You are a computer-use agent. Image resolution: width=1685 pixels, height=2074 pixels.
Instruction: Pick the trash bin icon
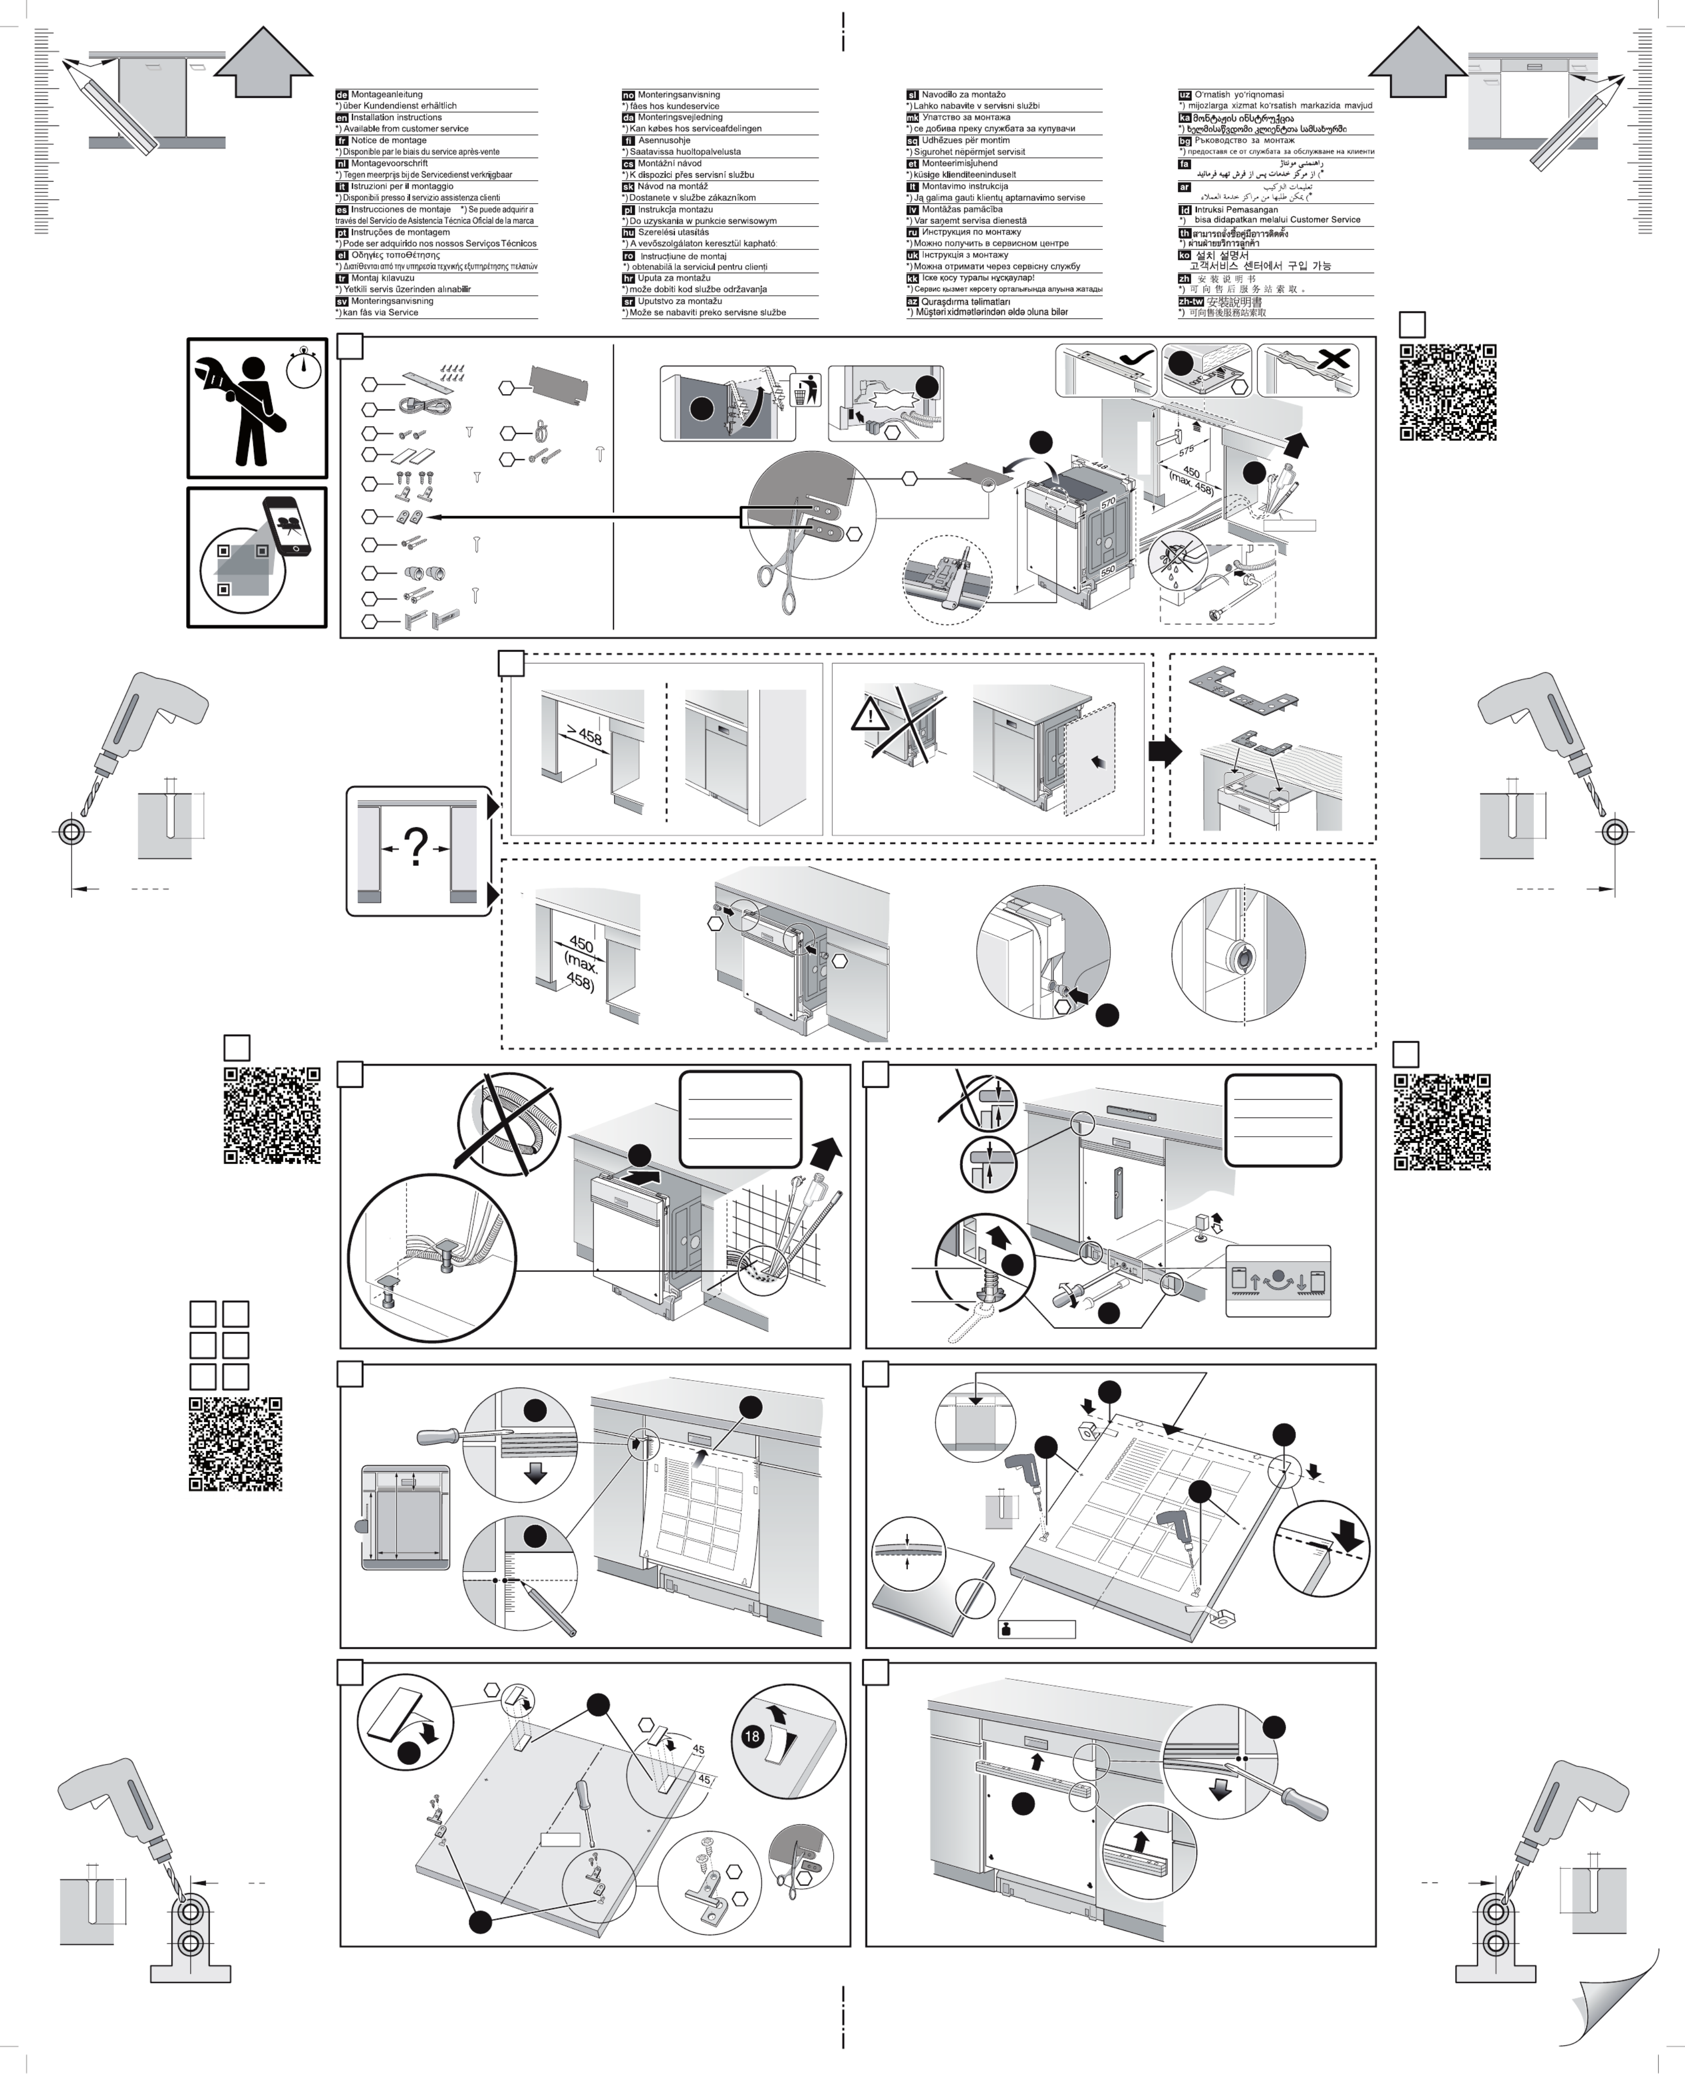(805, 389)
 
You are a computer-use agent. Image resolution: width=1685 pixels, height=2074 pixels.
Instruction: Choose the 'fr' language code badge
(342, 141)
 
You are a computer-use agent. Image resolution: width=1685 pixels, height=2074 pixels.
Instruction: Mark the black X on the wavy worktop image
(1335, 359)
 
